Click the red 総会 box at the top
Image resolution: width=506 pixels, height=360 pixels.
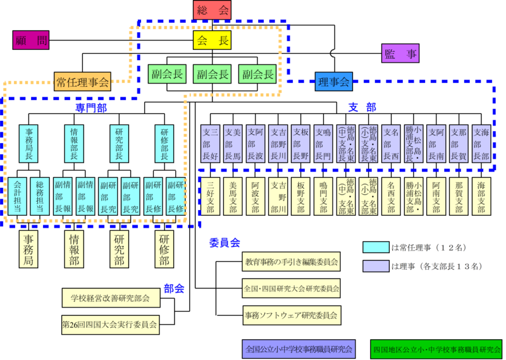pyautogui.click(x=212, y=10)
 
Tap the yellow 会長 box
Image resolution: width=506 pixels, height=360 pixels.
pyautogui.click(x=212, y=40)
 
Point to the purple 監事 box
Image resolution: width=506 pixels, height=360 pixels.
pyautogui.click(x=400, y=54)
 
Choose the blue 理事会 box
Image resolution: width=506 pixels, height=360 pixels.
pyautogui.click(x=334, y=81)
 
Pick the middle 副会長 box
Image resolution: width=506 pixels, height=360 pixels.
pyautogui.click(x=212, y=74)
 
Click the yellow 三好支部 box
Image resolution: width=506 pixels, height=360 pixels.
pyautogui.click(x=211, y=197)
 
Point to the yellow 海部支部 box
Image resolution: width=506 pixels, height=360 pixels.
pyautogui.click(x=481, y=197)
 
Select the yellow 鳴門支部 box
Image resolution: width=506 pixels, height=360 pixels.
pyautogui.click(x=323, y=197)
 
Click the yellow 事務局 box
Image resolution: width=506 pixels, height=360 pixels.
pyautogui.click(x=29, y=249)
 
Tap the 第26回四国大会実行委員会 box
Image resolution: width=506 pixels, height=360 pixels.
pyautogui.click(x=110, y=325)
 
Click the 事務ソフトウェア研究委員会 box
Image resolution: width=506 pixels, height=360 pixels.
pyautogui.click(x=291, y=314)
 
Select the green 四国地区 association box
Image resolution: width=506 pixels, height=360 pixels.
pyautogui.click(x=436, y=348)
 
